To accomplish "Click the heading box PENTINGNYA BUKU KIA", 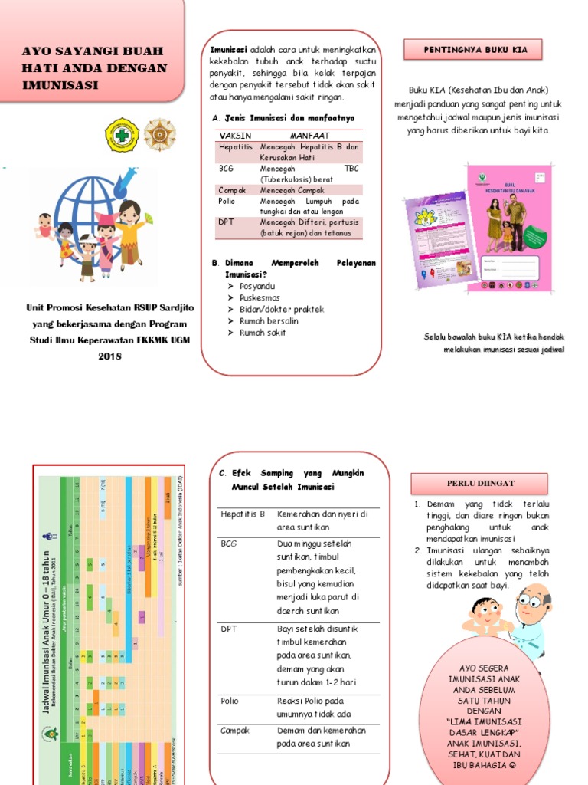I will coord(472,51).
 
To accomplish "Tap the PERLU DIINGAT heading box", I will coord(479,484).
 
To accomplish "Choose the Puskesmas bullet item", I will coord(260,297).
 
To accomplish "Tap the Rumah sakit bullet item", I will coord(263,333).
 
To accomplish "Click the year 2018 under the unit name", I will coord(110,356).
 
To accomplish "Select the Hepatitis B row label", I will coord(243,514).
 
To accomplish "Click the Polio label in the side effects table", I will coord(230,701).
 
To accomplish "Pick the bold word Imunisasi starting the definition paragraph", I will coord(229,50).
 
